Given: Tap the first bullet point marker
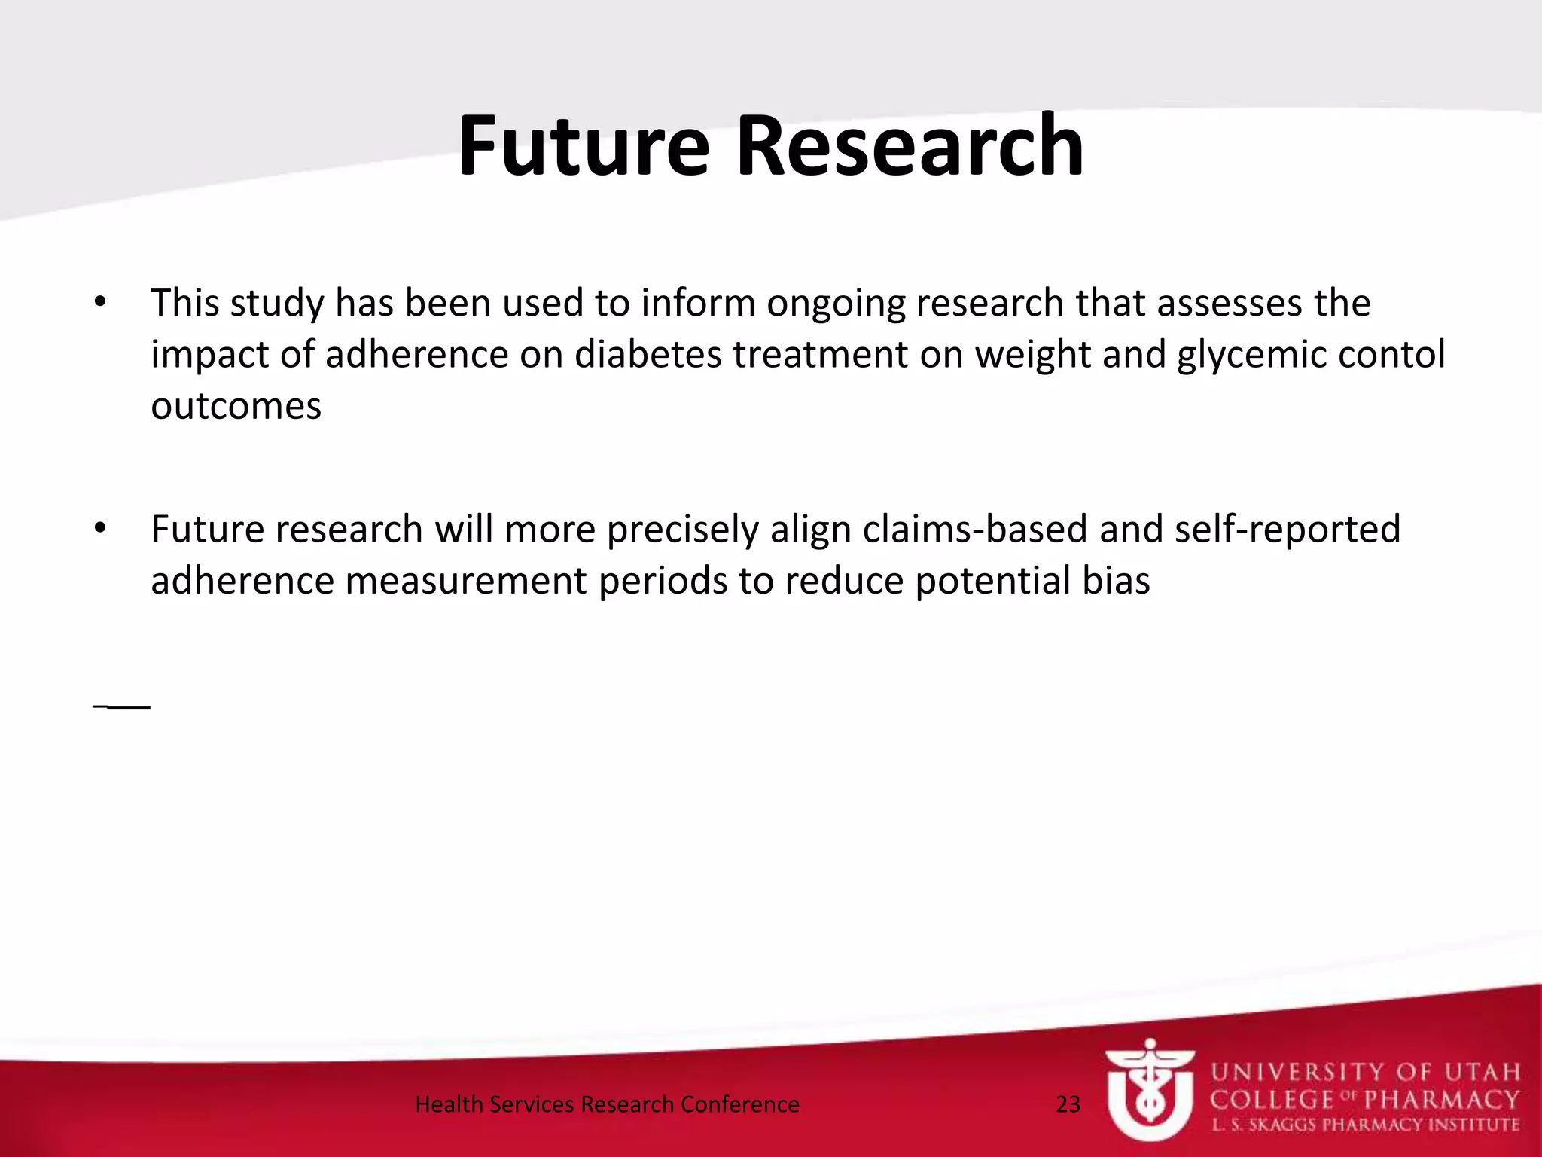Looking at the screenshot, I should (101, 303).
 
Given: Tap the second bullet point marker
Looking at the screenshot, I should (101, 529).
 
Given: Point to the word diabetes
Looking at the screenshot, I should (648, 354).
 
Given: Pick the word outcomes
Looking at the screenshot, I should (236, 406).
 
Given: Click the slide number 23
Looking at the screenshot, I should (1068, 1104).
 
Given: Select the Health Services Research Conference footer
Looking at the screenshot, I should (607, 1104).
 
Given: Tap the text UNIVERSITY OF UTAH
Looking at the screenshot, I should (1364, 1071).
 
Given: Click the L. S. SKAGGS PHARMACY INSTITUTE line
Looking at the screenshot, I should (1364, 1125).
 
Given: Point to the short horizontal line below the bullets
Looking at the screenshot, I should (122, 707).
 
